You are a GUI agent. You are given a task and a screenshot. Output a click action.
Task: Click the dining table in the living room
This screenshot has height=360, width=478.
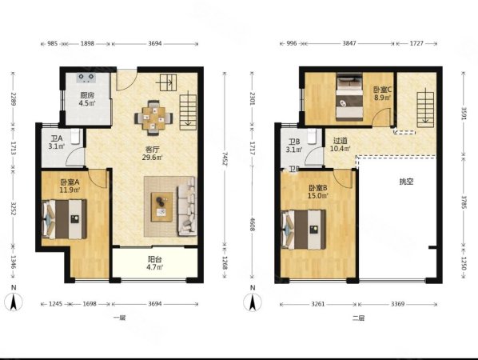pos(154,118)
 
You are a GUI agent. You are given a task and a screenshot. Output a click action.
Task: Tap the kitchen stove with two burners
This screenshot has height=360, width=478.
pos(86,78)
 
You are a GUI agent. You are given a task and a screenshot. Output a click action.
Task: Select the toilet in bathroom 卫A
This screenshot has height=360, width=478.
pos(75,136)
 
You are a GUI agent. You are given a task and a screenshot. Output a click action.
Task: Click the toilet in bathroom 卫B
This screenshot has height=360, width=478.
pos(312,136)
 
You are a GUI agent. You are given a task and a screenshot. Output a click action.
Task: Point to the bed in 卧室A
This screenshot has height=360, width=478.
pos(64,219)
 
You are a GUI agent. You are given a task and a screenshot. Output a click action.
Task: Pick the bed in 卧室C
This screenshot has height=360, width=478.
pos(349,97)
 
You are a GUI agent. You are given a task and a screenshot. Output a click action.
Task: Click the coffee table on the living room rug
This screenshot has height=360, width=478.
pos(162,207)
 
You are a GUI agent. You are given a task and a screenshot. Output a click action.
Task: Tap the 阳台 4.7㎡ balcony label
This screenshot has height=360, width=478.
pos(155,263)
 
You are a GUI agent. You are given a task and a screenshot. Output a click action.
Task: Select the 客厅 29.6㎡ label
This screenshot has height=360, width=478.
pos(152,154)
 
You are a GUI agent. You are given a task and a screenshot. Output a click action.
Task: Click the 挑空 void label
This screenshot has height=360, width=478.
pos(406,182)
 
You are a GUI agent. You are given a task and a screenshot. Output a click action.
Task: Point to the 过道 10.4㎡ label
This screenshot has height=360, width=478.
pos(340,145)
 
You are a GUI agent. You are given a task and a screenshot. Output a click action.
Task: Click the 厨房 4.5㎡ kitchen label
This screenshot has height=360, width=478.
pos(87,99)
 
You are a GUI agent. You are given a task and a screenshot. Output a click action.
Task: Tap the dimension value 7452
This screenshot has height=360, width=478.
pos(225,158)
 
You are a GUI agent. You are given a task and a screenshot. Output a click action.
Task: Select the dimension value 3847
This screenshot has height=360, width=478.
pos(349,43)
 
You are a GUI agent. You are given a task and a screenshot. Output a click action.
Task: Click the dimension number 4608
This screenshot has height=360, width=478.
pos(252,224)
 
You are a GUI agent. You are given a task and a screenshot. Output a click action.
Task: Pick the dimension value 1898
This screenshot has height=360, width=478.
pos(87,43)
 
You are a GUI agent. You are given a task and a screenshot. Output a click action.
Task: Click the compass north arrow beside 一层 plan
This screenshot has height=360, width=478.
pos(14,302)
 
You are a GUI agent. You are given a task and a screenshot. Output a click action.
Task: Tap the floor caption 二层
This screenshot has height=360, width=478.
pos(358,318)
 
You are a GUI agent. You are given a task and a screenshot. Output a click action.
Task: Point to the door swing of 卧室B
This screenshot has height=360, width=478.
pos(343,178)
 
